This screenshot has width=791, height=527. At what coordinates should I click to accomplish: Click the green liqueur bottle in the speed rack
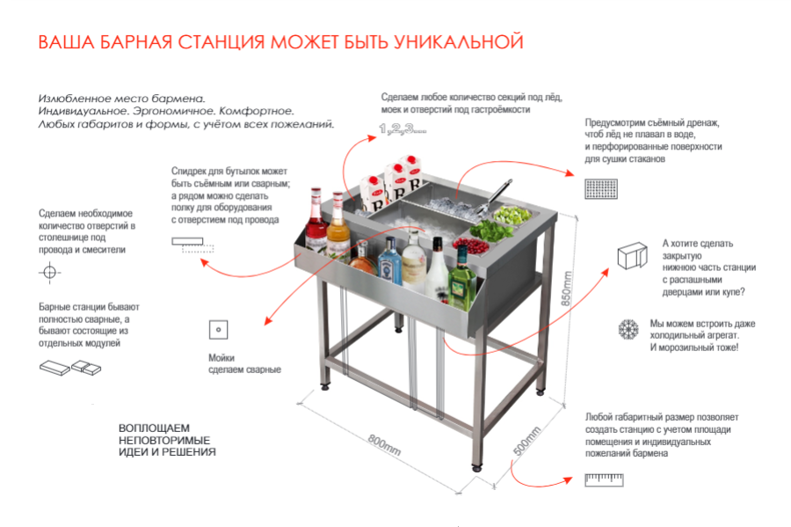(461, 281)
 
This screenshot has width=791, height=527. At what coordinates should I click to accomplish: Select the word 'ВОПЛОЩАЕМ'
(154, 428)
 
